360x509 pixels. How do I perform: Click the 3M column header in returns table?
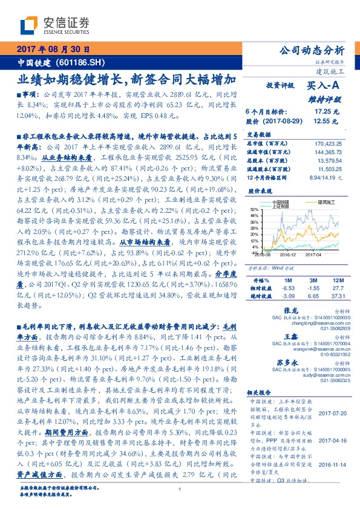pyautogui.click(x=313, y=281)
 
